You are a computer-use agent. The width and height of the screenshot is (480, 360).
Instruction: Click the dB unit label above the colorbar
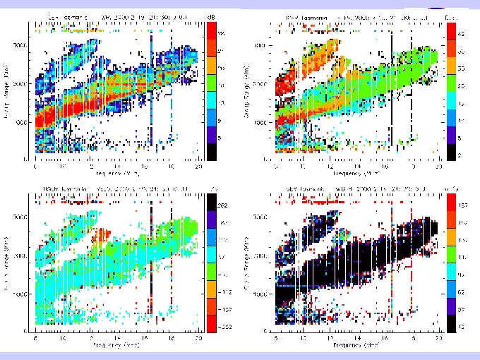[x=211, y=15]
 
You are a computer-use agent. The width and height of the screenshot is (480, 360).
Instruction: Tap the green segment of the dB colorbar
[x=211, y=85]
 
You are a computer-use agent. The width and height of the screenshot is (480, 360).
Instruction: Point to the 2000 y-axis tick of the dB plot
[x=28, y=84]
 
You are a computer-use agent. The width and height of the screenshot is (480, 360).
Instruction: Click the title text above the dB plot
[x=113, y=15]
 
